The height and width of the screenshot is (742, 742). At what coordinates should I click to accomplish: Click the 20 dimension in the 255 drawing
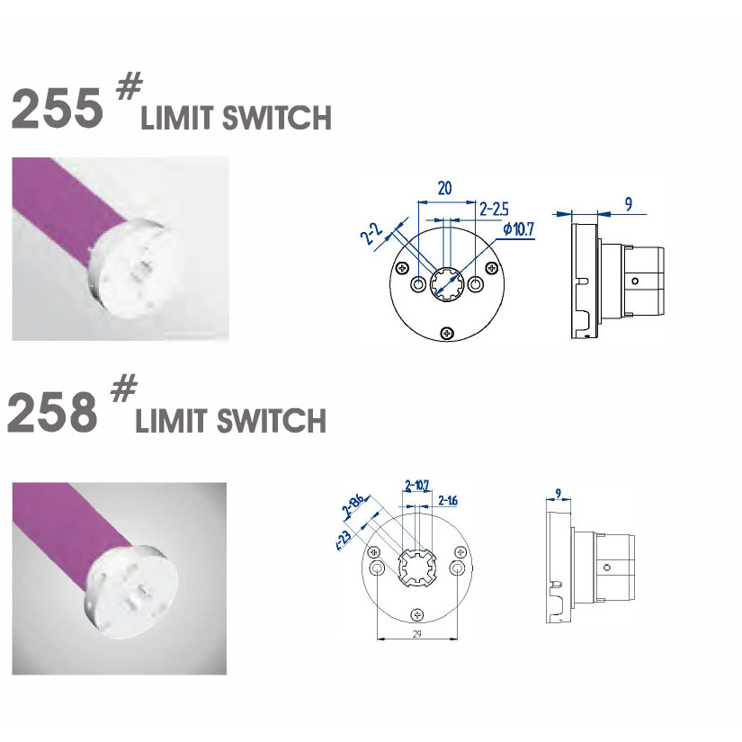pyautogui.click(x=444, y=188)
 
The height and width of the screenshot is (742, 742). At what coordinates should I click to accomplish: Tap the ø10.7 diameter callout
pyautogui.click(x=518, y=229)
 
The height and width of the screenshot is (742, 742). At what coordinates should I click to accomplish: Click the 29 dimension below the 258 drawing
pyautogui.click(x=416, y=634)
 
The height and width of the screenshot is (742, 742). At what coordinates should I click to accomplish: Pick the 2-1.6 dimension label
pyautogui.click(x=448, y=500)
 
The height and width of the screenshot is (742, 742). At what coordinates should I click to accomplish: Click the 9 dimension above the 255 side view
pyautogui.click(x=628, y=204)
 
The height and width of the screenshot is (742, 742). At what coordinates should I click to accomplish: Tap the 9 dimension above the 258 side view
pyautogui.click(x=559, y=493)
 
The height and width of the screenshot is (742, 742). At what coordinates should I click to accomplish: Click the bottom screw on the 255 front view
pyautogui.click(x=447, y=334)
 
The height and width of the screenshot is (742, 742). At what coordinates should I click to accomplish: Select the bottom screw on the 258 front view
pyautogui.click(x=416, y=614)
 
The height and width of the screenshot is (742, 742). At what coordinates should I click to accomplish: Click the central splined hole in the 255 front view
pyautogui.click(x=447, y=285)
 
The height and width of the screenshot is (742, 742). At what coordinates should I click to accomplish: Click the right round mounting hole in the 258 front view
pyautogui.click(x=459, y=568)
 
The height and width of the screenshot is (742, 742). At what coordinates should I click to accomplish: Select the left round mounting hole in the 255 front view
pyautogui.click(x=418, y=285)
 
